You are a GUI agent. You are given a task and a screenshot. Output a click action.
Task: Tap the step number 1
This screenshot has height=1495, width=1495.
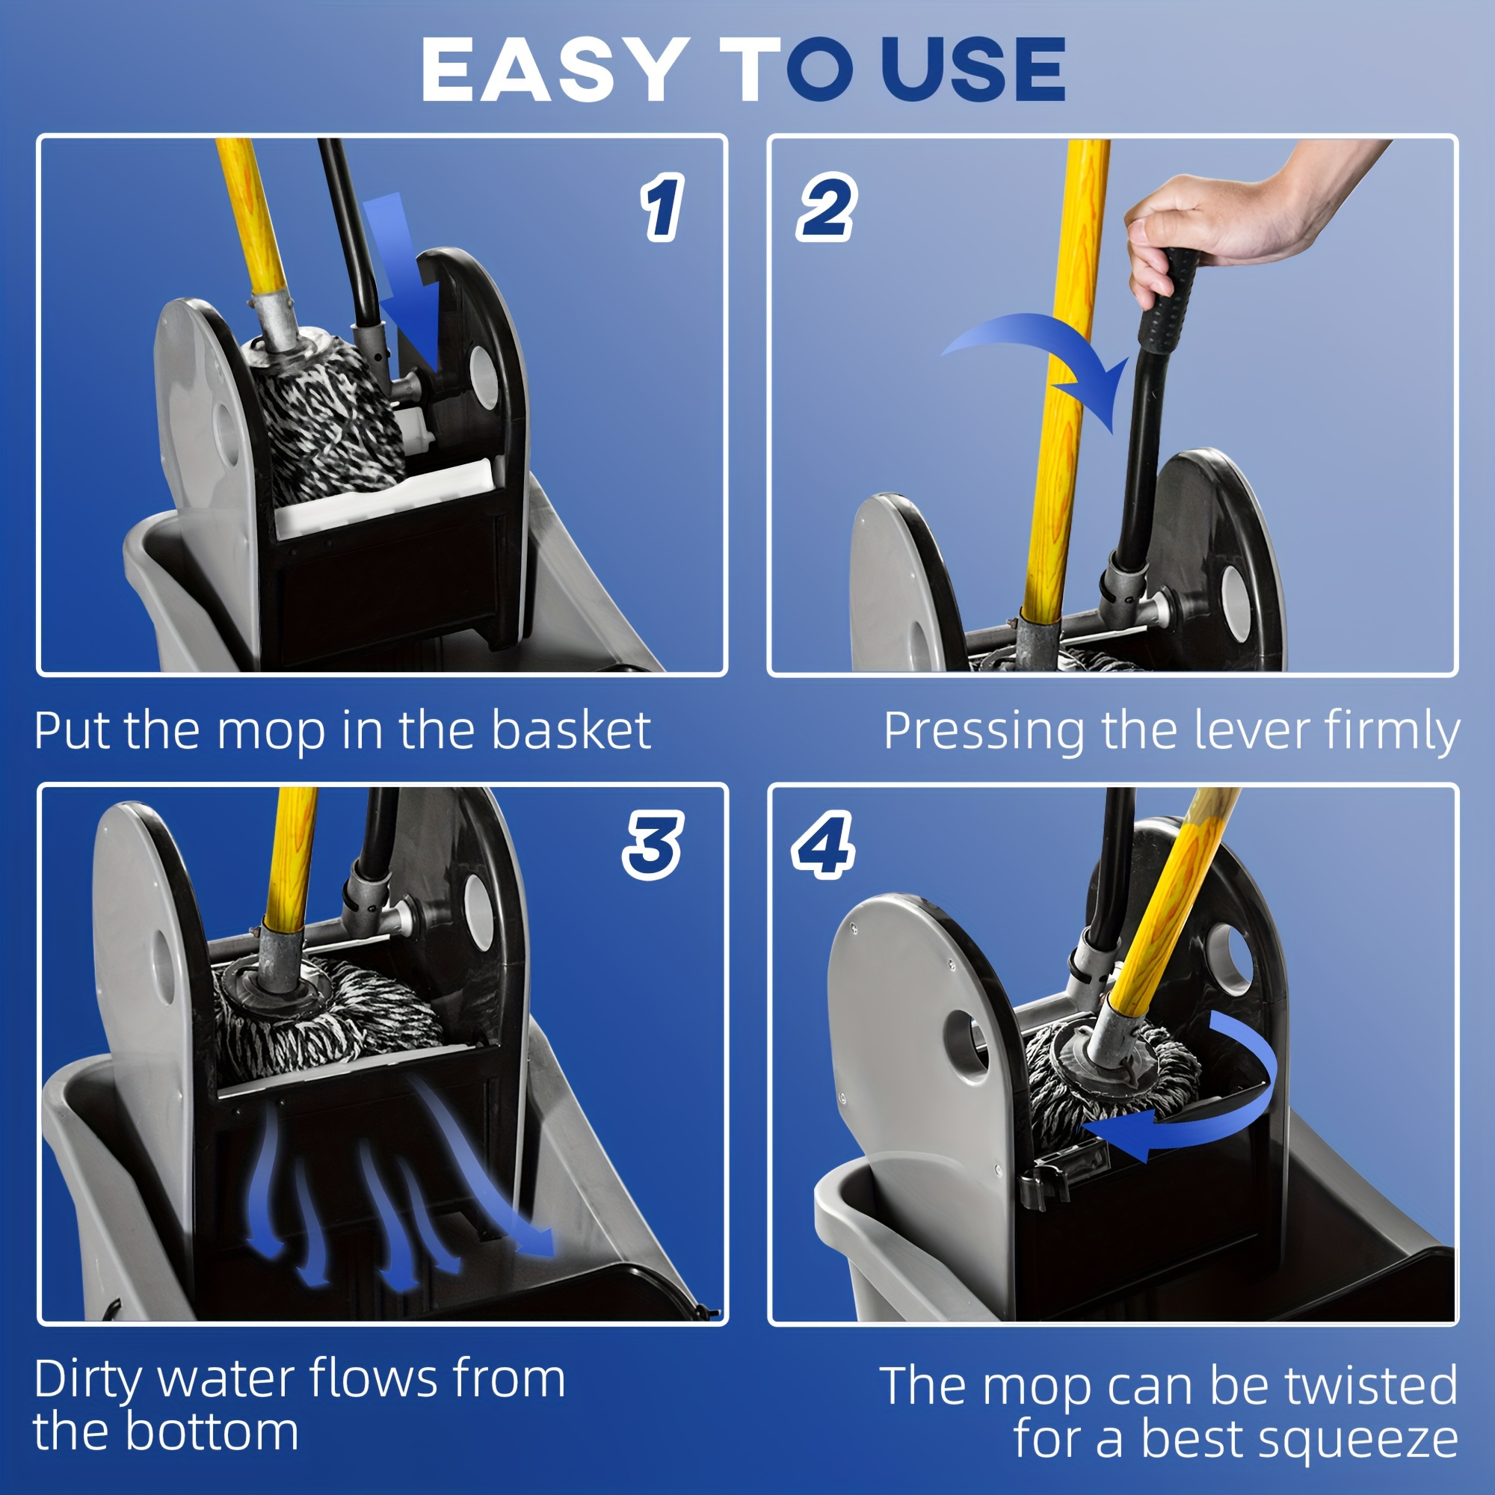(662, 207)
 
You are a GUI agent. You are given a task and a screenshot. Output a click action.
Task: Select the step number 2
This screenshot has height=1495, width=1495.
(825, 207)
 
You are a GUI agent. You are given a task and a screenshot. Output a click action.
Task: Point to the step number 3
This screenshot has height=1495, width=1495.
(653, 845)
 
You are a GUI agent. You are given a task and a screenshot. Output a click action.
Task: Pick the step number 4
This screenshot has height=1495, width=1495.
(822, 845)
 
